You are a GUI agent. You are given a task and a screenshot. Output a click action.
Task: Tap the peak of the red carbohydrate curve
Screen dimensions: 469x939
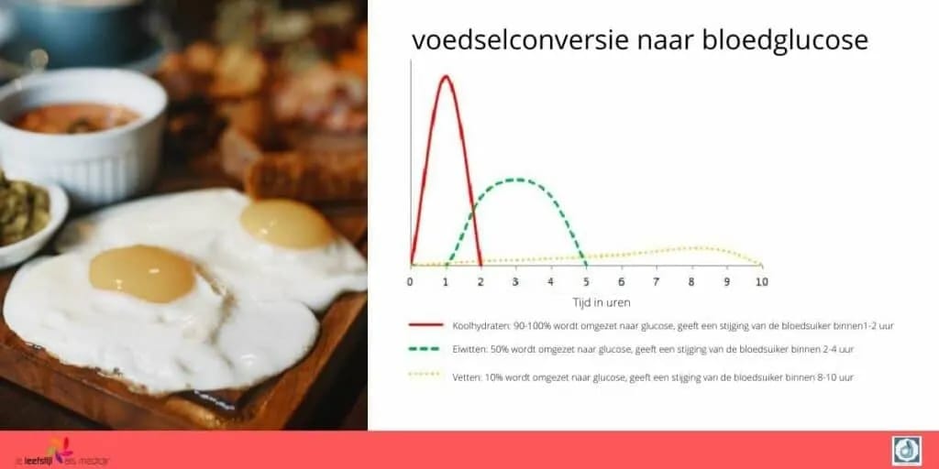pos(446,76)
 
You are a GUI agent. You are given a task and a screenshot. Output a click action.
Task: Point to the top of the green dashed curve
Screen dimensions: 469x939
pos(516,180)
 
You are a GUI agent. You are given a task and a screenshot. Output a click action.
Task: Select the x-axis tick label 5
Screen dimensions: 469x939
pos(585,281)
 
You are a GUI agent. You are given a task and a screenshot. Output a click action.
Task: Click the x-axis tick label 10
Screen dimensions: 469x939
pos(760,281)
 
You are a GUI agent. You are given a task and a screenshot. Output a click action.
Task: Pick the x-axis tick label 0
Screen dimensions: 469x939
pos(410,281)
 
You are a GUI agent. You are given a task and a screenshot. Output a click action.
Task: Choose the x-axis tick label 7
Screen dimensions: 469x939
pos(656,281)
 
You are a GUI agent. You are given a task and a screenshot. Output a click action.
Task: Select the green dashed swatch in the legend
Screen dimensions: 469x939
pos(427,350)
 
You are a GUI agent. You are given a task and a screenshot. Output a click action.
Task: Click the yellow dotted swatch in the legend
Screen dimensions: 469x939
pos(427,376)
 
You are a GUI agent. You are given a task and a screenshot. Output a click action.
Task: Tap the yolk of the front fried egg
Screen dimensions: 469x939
pos(142,273)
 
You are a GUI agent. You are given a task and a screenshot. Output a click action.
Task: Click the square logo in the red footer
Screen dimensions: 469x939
pos(906,450)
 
